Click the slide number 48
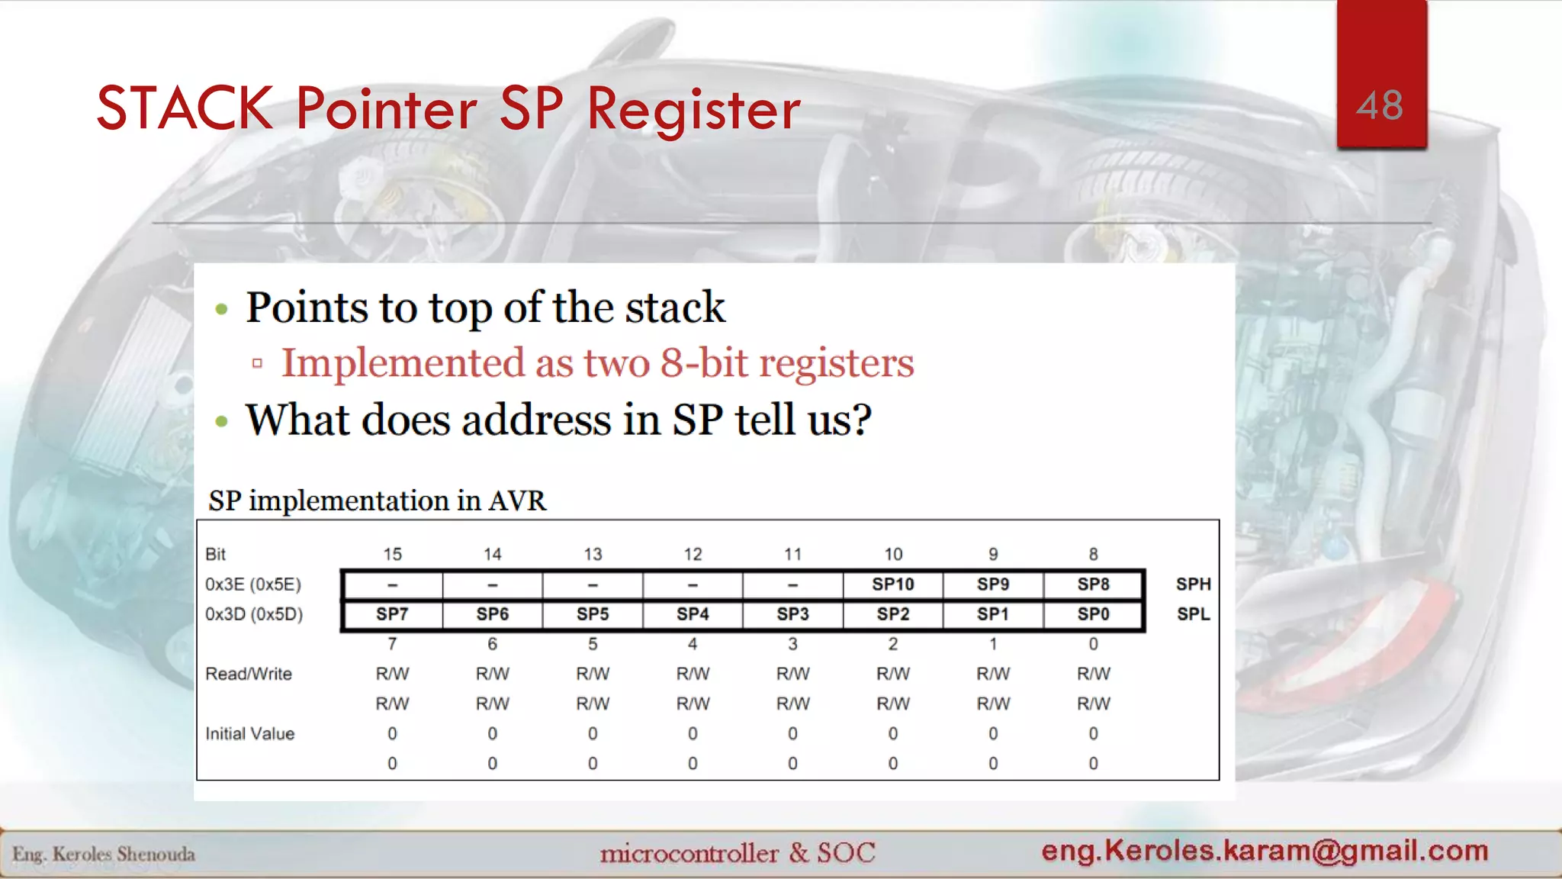click(x=1379, y=105)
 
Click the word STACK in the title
click(x=185, y=108)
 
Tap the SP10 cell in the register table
click(x=892, y=584)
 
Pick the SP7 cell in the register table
click(x=392, y=614)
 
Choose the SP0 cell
click(x=1093, y=614)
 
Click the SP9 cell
click(x=992, y=584)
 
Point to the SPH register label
click(x=1193, y=584)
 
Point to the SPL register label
click(x=1193, y=614)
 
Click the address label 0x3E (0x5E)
click(x=253, y=584)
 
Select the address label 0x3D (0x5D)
click(x=253, y=614)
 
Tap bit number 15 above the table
click(x=392, y=554)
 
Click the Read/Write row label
click(x=249, y=674)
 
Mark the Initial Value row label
click(x=249, y=733)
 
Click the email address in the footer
click(x=1265, y=850)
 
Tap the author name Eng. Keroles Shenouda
click(x=104, y=854)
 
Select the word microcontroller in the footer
click(x=689, y=853)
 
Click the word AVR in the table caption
click(x=517, y=501)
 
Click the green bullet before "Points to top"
click(x=222, y=309)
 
